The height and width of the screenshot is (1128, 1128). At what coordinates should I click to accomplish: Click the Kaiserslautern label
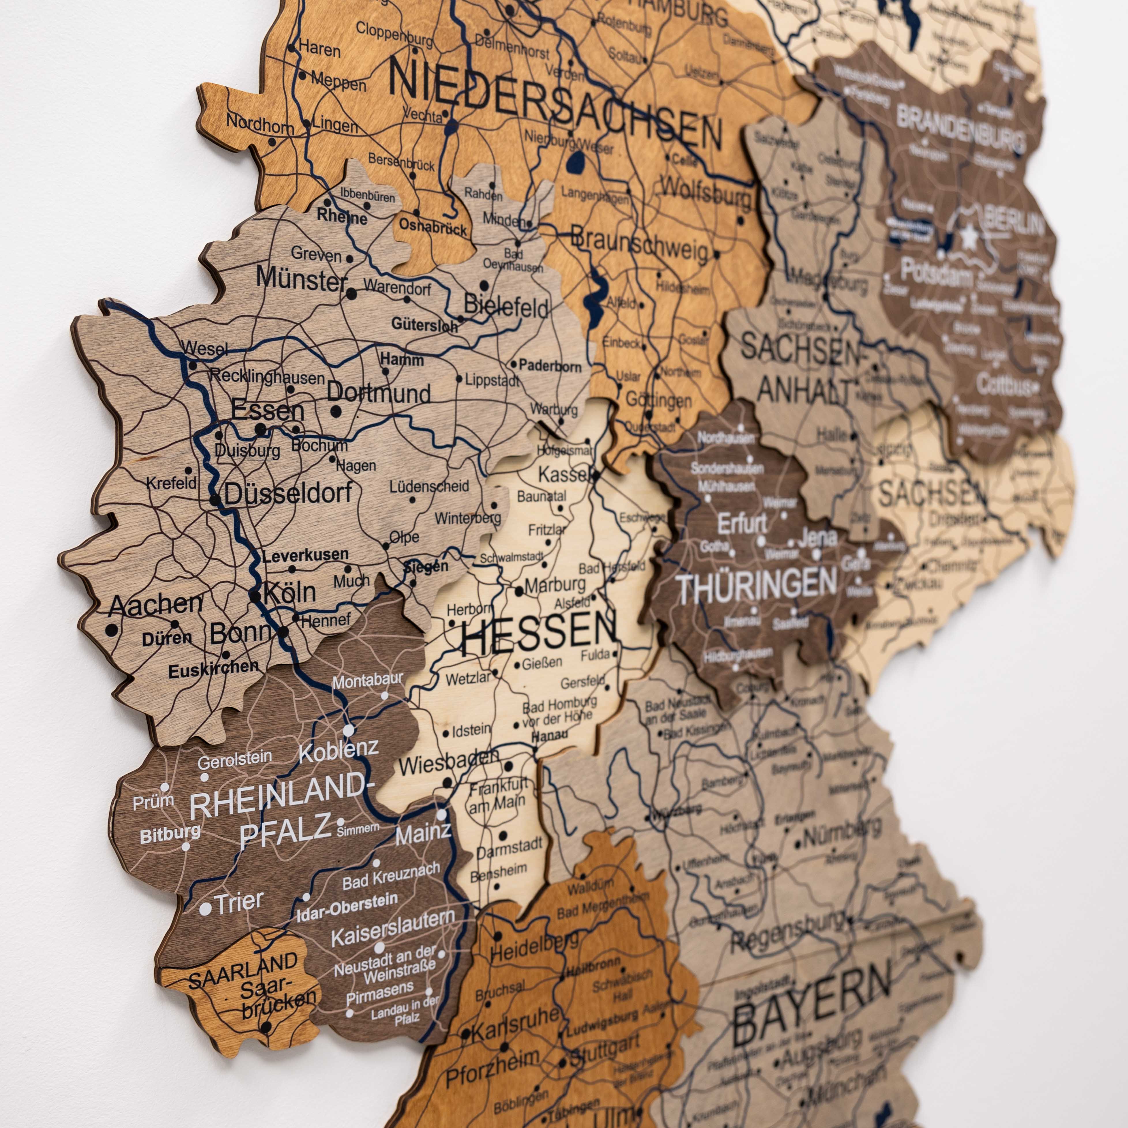[392, 928]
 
